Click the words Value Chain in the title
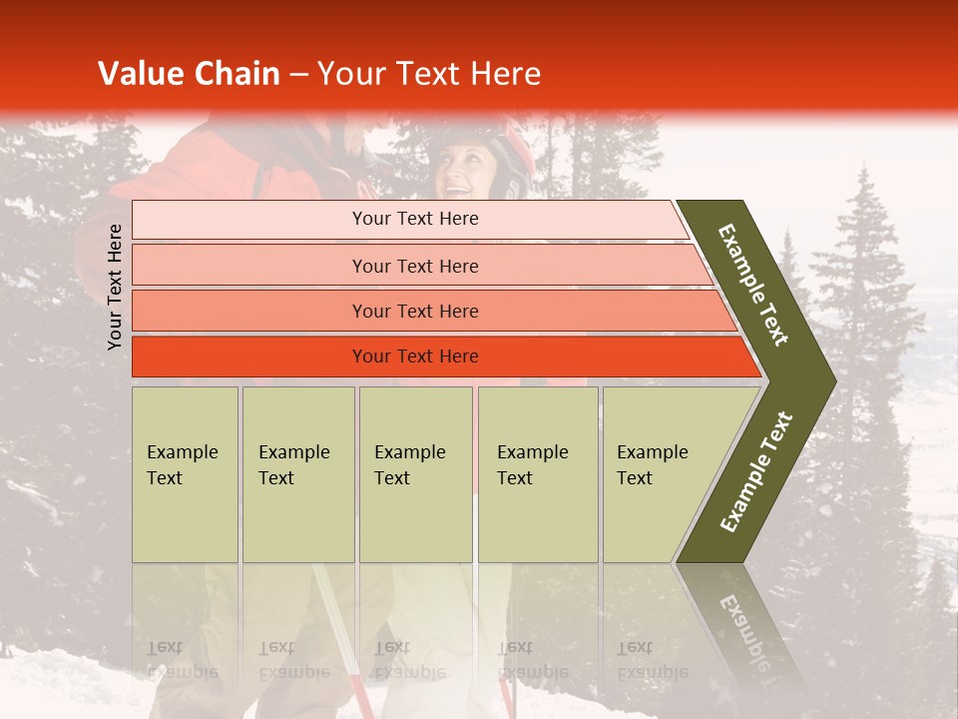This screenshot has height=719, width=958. pos(189,74)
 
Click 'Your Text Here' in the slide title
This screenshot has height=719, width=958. pos(429,74)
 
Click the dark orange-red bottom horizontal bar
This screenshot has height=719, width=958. pos(249,357)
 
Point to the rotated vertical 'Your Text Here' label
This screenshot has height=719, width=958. pos(115,287)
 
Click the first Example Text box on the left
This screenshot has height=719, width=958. pos(185,474)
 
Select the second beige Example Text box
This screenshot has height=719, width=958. pos(298,474)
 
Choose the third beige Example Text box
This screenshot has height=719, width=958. pos(415,474)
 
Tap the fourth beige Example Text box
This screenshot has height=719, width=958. pos(538,474)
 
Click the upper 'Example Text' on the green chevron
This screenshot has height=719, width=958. pos(754,285)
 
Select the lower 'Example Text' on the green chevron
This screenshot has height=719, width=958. pos(756,472)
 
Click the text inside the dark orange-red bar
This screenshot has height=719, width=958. pos(415,357)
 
